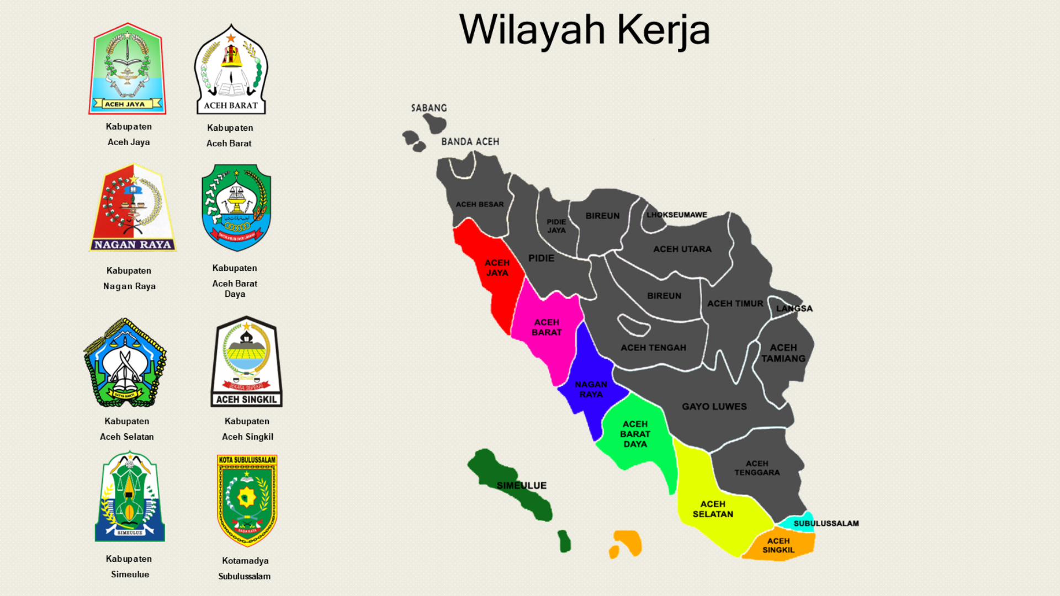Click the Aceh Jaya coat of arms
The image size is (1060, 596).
pos(128,68)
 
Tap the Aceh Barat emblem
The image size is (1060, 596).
pos(231,69)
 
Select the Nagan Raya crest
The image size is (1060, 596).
pos(133,207)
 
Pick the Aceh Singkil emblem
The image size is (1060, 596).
pos(246,361)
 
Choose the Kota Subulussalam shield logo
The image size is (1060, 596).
pos(247,500)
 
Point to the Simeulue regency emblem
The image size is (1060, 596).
pos(130,497)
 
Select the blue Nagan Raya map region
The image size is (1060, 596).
pos(590,381)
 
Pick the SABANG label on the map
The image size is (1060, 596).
pos(429,108)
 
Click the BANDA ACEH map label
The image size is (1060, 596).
pos(470,142)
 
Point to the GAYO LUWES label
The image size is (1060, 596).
pos(714,407)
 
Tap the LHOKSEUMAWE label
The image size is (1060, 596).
pos(676,215)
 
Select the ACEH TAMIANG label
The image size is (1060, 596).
pos(783,353)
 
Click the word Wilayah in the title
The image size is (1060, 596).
pos(532,30)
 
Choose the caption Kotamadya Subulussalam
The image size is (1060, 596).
pos(245,568)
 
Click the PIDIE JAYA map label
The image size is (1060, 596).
pos(556,226)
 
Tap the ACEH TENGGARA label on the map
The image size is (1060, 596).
pos(757,468)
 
